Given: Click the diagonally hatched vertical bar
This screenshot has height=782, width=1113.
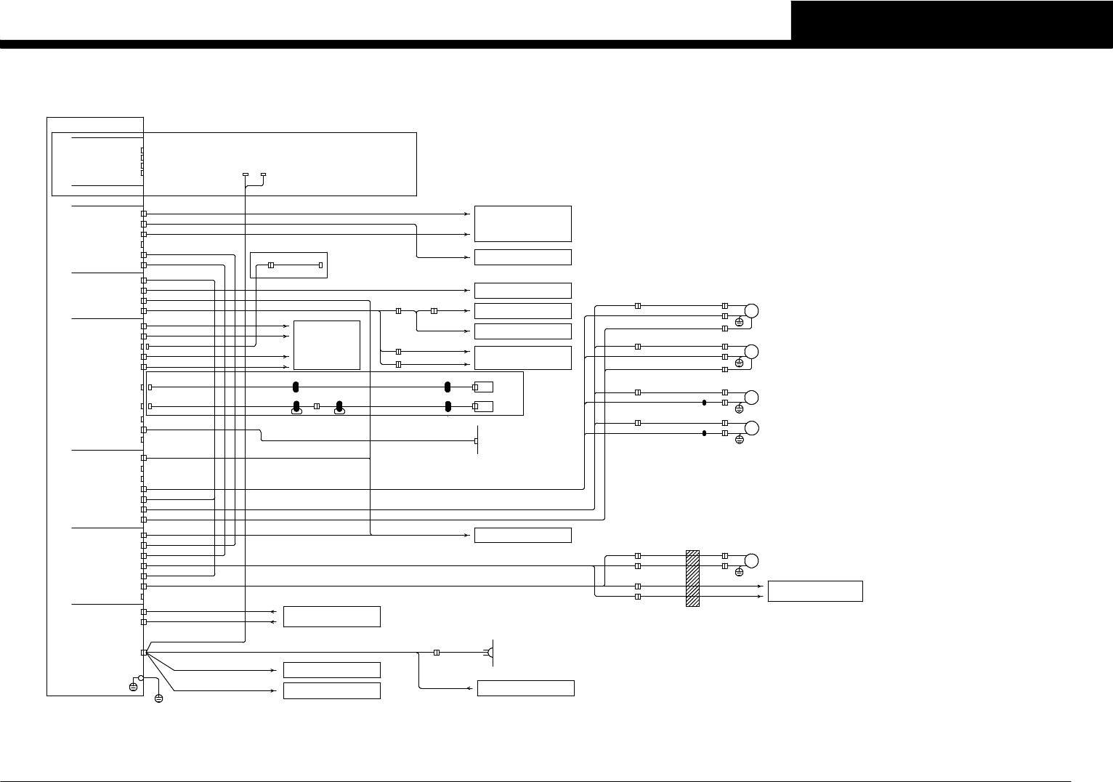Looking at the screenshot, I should pyautogui.click(x=692, y=579).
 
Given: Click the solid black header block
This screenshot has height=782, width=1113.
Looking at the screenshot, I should pyautogui.click(x=952, y=20).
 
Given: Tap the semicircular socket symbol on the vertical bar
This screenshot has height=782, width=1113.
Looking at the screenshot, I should pyautogui.click(x=491, y=653).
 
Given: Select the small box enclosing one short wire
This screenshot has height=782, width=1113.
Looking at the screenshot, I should pyautogui.click(x=288, y=265).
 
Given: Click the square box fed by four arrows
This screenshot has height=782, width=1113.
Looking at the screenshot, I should pyautogui.click(x=326, y=345).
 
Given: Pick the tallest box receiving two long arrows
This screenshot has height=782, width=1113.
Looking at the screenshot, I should pyautogui.click(x=522, y=224).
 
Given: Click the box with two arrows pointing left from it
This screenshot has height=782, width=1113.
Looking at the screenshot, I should pyautogui.click(x=331, y=616).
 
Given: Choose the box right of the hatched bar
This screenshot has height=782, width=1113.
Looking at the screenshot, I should pyautogui.click(x=814, y=591).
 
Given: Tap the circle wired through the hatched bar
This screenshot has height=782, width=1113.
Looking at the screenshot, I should pyautogui.click(x=752, y=560).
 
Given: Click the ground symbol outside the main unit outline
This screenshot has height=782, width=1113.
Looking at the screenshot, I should pyautogui.click(x=159, y=698).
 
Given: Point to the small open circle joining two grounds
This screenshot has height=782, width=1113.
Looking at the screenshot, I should pyautogui.click(x=141, y=677).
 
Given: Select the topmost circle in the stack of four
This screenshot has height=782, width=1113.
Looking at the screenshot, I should pyautogui.click(x=752, y=311).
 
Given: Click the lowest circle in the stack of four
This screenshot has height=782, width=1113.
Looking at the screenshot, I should pyautogui.click(x=752, y=427).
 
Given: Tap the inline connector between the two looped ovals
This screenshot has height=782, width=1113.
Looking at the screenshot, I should pyautogui.click(x=317, y=406).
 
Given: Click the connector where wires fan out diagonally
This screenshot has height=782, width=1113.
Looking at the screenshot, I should pyautogui.click(x=144, y=653).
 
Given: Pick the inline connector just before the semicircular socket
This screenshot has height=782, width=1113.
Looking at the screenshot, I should pyautogui.click(x=436, y=653).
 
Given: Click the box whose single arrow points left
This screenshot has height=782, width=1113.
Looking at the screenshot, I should pyautogui.click(x=525, y=688).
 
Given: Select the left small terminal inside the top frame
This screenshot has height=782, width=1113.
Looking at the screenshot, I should pyautogui.click(x=245, y=175).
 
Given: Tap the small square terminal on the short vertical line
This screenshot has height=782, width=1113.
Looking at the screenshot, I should pyautogui.click(x=477, y=440).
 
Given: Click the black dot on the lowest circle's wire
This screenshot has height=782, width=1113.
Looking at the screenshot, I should pyautogui.click(x=704, y=433).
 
